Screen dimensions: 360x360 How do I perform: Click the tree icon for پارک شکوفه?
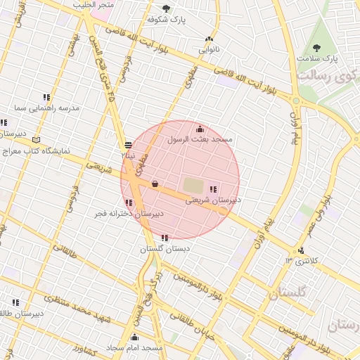click(x=166, y=9)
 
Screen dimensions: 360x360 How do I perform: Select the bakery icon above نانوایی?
click(x=209, y=39)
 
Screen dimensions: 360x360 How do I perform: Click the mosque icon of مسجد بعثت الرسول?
click(x=200, y=129)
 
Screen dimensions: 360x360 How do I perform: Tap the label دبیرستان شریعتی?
click(x=213, y=200)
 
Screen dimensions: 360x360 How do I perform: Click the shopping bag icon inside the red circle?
click(x=155, y=184)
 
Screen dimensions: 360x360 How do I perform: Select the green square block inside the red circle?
click(x=192, y=186)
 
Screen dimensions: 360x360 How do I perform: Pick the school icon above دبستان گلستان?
click(x=165, y=238)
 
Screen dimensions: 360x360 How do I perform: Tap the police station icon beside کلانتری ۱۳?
click(x=301, y=250)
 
